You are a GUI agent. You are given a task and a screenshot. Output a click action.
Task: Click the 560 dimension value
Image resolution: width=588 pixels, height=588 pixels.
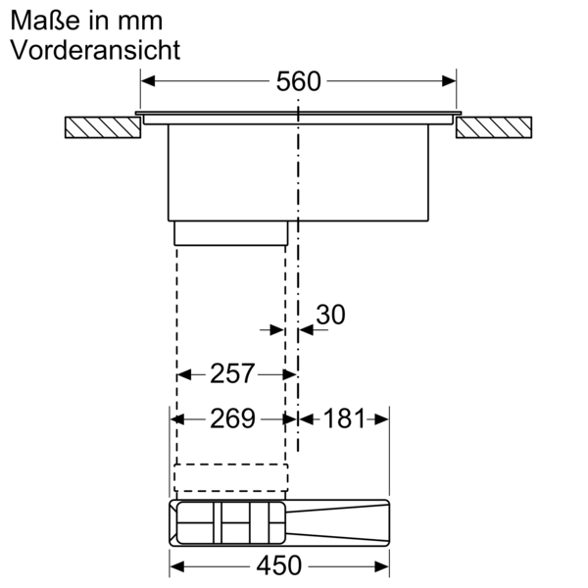(298, 81)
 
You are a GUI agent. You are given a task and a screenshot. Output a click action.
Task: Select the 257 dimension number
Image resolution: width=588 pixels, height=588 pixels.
(232, 373)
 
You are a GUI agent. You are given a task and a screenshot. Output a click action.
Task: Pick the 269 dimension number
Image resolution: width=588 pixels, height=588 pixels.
(232, 418)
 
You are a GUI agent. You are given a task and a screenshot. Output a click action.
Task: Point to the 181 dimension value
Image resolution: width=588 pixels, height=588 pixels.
(343, 418)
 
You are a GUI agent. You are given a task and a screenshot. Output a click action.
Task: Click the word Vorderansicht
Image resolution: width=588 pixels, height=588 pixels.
(95, 50)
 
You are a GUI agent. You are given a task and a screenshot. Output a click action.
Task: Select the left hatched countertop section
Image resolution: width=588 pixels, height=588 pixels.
(101, 128)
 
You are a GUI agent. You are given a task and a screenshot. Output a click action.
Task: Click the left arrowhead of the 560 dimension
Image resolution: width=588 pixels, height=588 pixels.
(148, 81)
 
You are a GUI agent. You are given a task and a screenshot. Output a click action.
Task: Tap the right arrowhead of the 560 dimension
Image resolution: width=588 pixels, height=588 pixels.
(450, 81)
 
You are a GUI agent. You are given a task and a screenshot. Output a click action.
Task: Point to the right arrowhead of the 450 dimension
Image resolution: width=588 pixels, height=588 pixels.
(383, 565)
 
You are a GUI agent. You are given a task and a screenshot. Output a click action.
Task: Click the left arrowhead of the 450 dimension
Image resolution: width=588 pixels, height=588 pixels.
(177, 565)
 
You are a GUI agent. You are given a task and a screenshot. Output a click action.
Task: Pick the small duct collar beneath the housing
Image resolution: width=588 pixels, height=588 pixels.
(230, 232)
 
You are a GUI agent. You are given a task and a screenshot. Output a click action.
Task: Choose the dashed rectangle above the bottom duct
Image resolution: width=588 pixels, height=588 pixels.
(230, 476)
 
